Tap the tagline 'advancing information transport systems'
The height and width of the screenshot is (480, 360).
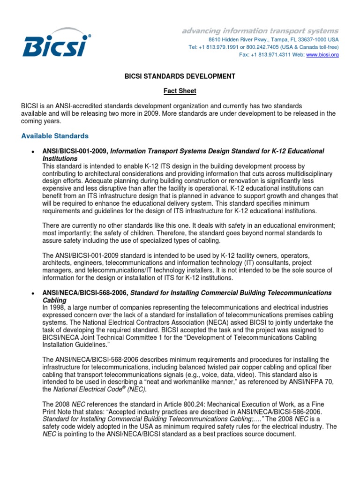(x=260, y=31)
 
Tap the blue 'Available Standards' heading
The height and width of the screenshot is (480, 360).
(x=55, y=136)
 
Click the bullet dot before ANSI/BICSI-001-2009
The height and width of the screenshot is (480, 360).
(x=31, y=152)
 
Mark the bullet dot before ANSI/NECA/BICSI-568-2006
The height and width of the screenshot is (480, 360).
(x=31, y=293)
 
